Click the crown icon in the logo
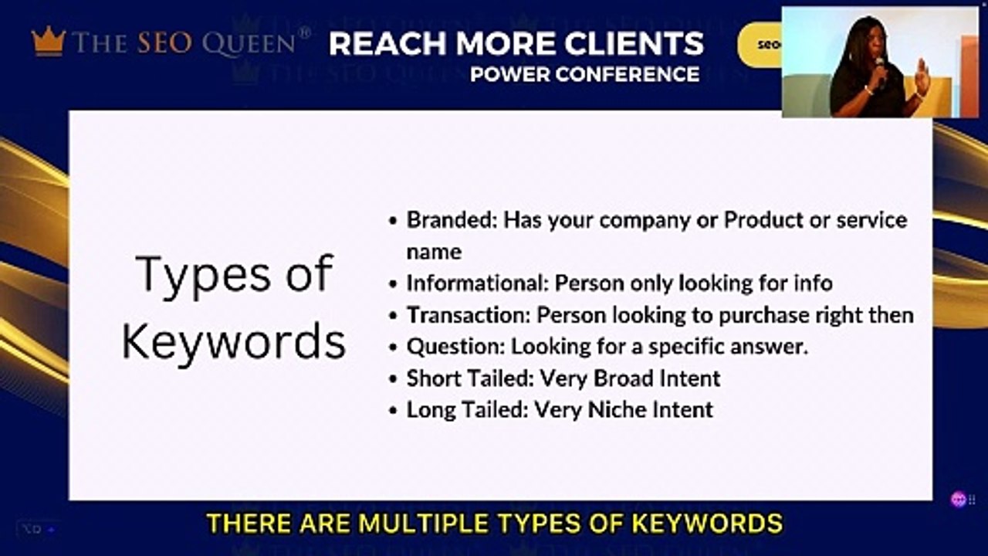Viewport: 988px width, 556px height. coord(49,41)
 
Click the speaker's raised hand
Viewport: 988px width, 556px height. coord(921,77)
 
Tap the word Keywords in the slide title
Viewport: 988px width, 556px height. coord(234,341)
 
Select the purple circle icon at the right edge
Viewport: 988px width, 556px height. coord(959,500)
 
